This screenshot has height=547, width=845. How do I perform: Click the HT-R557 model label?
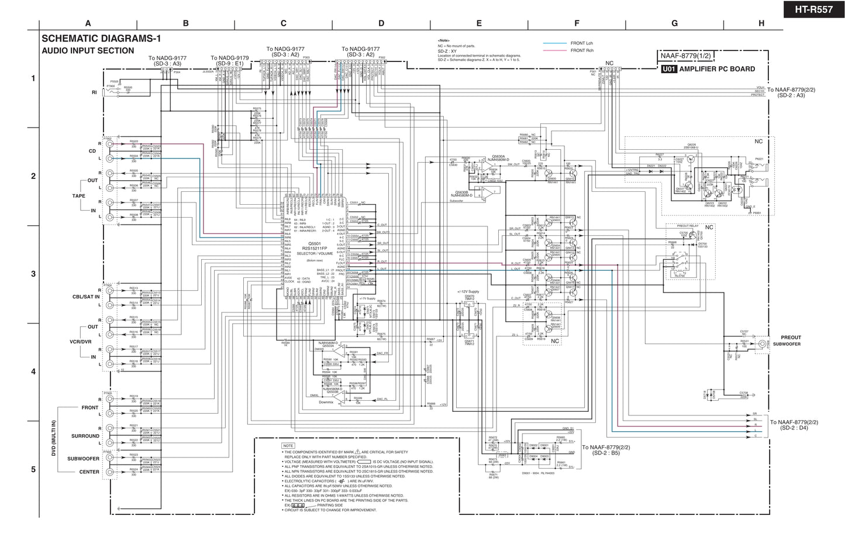point(813,10)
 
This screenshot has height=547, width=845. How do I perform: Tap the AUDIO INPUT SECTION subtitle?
point(88,51)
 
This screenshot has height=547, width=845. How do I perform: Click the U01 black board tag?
point(669,69)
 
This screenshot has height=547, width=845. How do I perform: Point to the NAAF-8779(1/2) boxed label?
point(685,56)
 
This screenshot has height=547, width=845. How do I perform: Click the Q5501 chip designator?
point(315,243)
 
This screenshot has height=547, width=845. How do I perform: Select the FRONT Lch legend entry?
point(582,43)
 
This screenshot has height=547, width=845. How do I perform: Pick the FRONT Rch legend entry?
point(582,50)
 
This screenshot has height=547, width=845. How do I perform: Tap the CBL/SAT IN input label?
point(86,297)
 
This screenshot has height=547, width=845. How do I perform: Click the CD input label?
point(92,151)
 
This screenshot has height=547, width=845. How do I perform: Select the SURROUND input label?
point(85,436)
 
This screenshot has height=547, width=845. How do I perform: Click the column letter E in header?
point(479,23)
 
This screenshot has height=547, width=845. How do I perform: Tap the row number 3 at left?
point(33,274)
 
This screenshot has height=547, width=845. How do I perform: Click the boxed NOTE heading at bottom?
point(288,446)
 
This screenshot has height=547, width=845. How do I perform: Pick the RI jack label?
point(94,92)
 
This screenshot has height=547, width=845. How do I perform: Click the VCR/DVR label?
point(81,342)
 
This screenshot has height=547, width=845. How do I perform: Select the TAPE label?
point(78,196)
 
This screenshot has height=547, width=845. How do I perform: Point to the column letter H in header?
point(761,23)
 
